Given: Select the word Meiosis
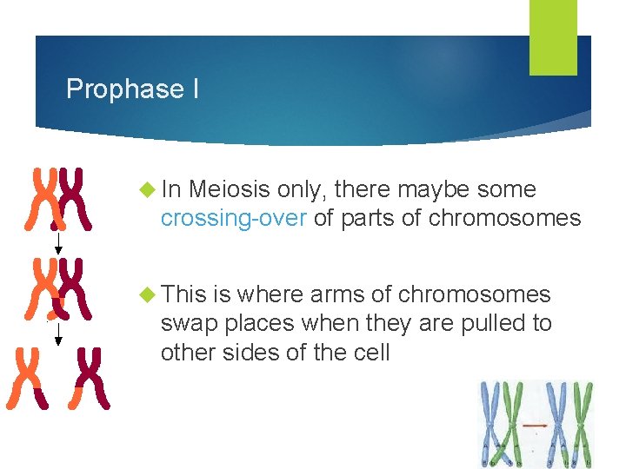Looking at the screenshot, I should [x=230, y=189].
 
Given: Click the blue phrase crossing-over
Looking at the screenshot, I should [x=233, y=218].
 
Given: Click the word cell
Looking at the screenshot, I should [x=370, y=353].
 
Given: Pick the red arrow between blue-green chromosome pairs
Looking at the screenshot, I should [x=534, y=426].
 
